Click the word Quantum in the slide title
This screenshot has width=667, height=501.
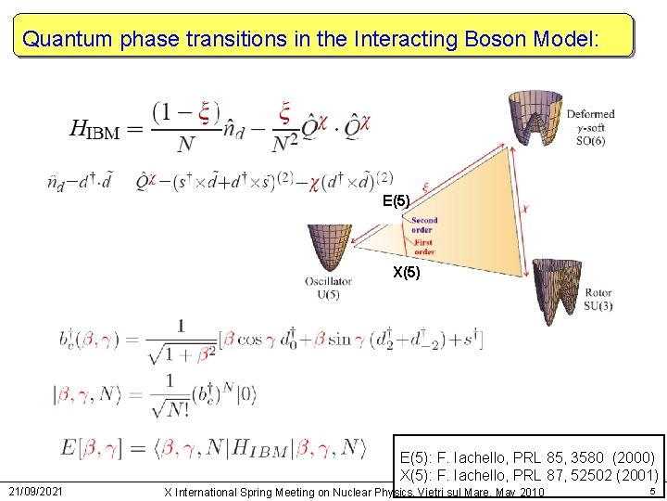tap(63, 39)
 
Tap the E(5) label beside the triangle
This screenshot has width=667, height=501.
tap(396, 201)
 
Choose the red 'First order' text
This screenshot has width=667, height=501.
tap(422, 248)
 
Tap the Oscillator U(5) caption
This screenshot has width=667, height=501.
tap(328, 288)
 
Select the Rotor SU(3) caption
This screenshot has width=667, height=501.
tap(598, 300)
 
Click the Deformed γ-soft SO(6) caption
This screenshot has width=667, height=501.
tap(590, 125)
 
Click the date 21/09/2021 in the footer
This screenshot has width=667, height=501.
tap(37, 490)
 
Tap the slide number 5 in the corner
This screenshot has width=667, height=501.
tap(652, 490)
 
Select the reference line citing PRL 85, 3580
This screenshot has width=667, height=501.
tap(527, 458)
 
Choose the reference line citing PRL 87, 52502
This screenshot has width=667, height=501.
tap(528, 476)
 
